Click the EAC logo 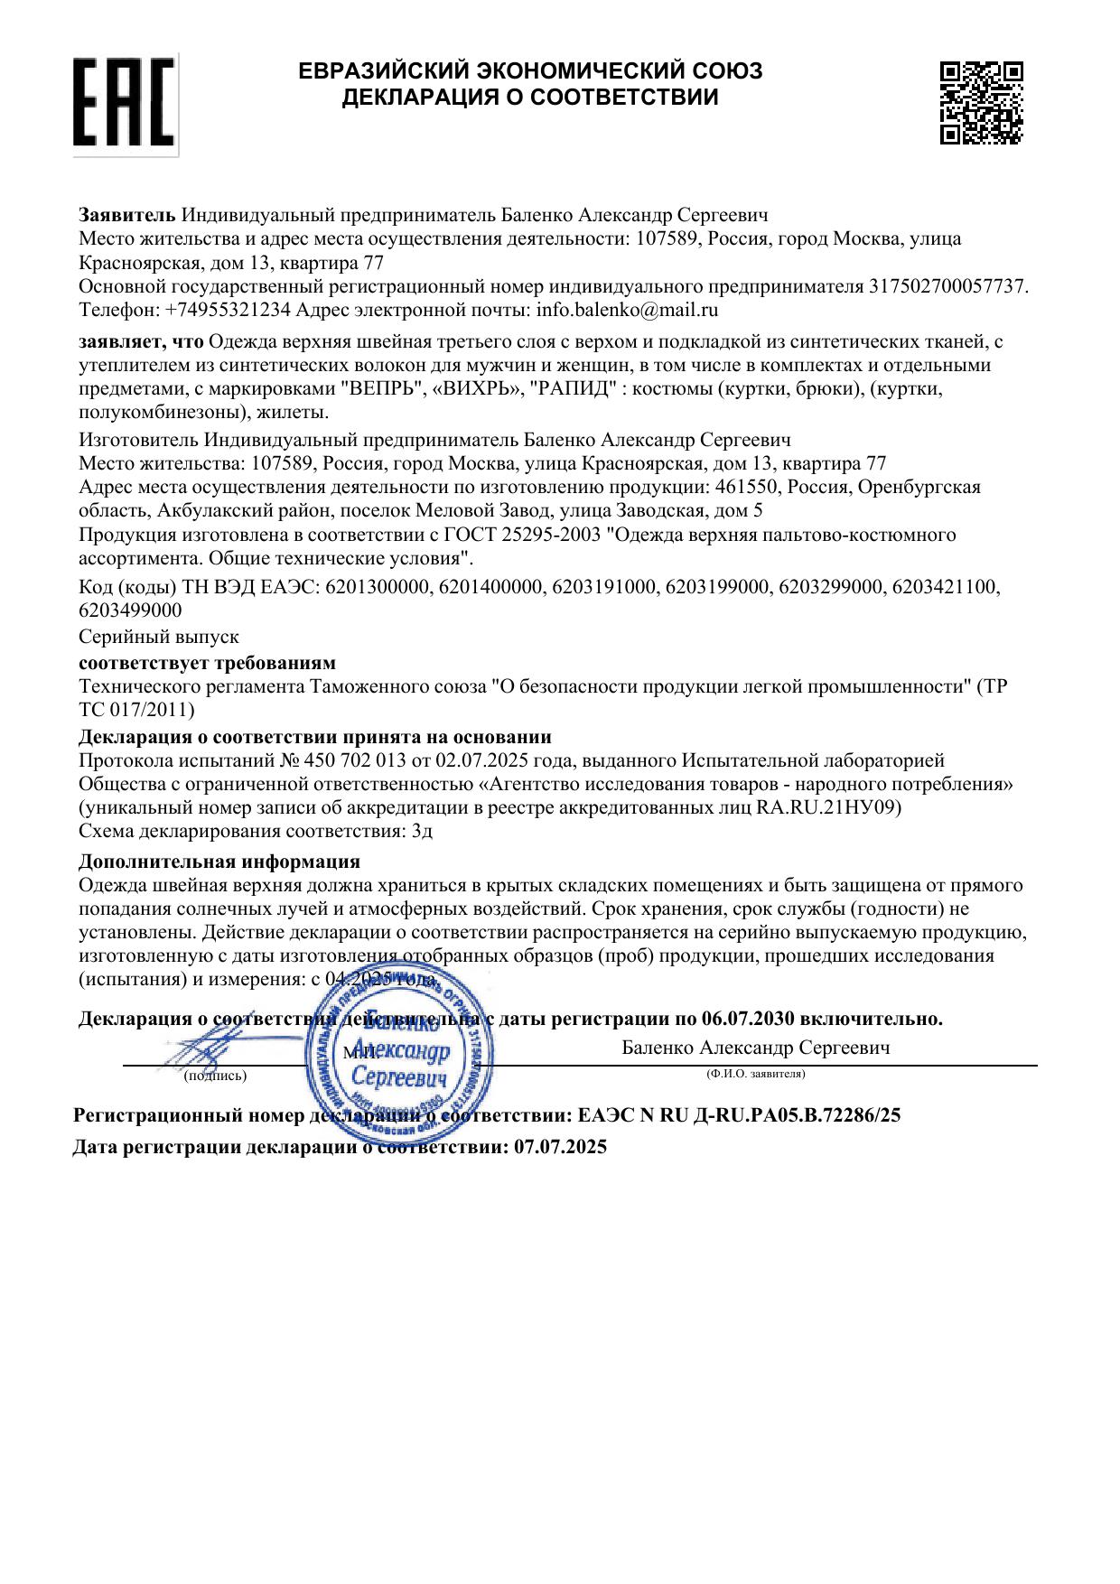pos(125,104)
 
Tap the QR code pos(981,102)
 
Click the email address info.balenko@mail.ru pos(627,310)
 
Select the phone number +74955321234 pos(229,310)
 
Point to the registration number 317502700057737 pos(947,286)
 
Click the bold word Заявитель pos(127,215)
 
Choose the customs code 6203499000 pos(131,610)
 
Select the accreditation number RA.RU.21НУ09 pos(826,807)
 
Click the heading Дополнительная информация pos(219,861)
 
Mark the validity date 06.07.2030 pos(747,1019)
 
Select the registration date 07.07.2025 pos(560,1148)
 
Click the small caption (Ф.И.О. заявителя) pos(756,1075)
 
